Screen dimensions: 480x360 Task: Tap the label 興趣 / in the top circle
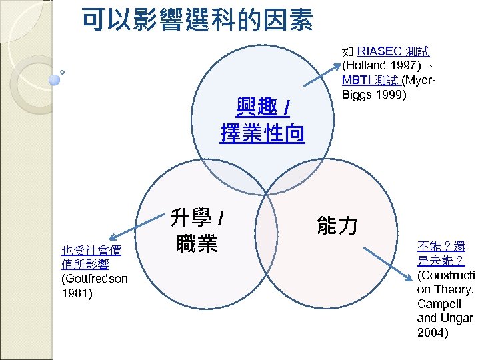pyautogui.click(x=263, y=107)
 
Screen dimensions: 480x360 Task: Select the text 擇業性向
pyautogui.click(x=263, y=134)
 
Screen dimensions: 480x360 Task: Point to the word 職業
pyautogui.click(x=197, y=244)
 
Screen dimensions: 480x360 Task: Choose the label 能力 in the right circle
pyautogui.click(x=337, y=226)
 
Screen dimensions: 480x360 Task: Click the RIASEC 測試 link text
pyautogui.click(x=393, y=51)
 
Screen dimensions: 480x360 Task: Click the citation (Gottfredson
pyautogui.click(x=93, y=277)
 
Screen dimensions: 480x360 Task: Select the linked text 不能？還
pyautogui.click(x=442, y=246)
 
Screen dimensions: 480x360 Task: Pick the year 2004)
pyautogui.click(x=433, y=332)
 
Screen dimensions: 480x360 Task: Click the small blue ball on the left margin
pyautogui.click(x=55, y=79)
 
